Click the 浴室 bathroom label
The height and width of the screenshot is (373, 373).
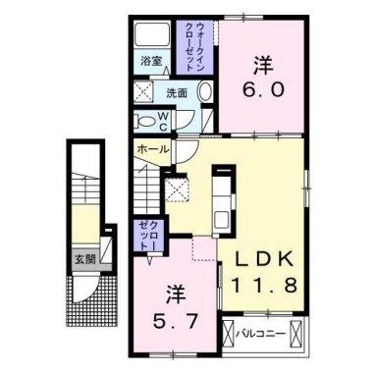point(151,61)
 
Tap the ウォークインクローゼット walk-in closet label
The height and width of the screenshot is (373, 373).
point(195,47)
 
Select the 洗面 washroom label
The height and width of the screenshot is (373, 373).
point(177,93)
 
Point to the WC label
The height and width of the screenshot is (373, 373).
point(164,122)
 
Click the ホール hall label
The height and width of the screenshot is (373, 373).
point(153,149)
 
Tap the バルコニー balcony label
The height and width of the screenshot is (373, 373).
point(261,335)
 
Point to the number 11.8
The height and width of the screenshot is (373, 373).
point(264,285)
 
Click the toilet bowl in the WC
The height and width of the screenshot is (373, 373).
point(146,122)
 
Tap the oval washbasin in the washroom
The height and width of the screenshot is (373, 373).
point(206,91)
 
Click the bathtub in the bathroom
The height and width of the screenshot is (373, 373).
point(152,34)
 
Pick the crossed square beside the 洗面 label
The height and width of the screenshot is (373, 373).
point(143,91)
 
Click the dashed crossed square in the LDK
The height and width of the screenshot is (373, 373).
point(177,189)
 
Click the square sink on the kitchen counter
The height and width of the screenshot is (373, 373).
point(222,218)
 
